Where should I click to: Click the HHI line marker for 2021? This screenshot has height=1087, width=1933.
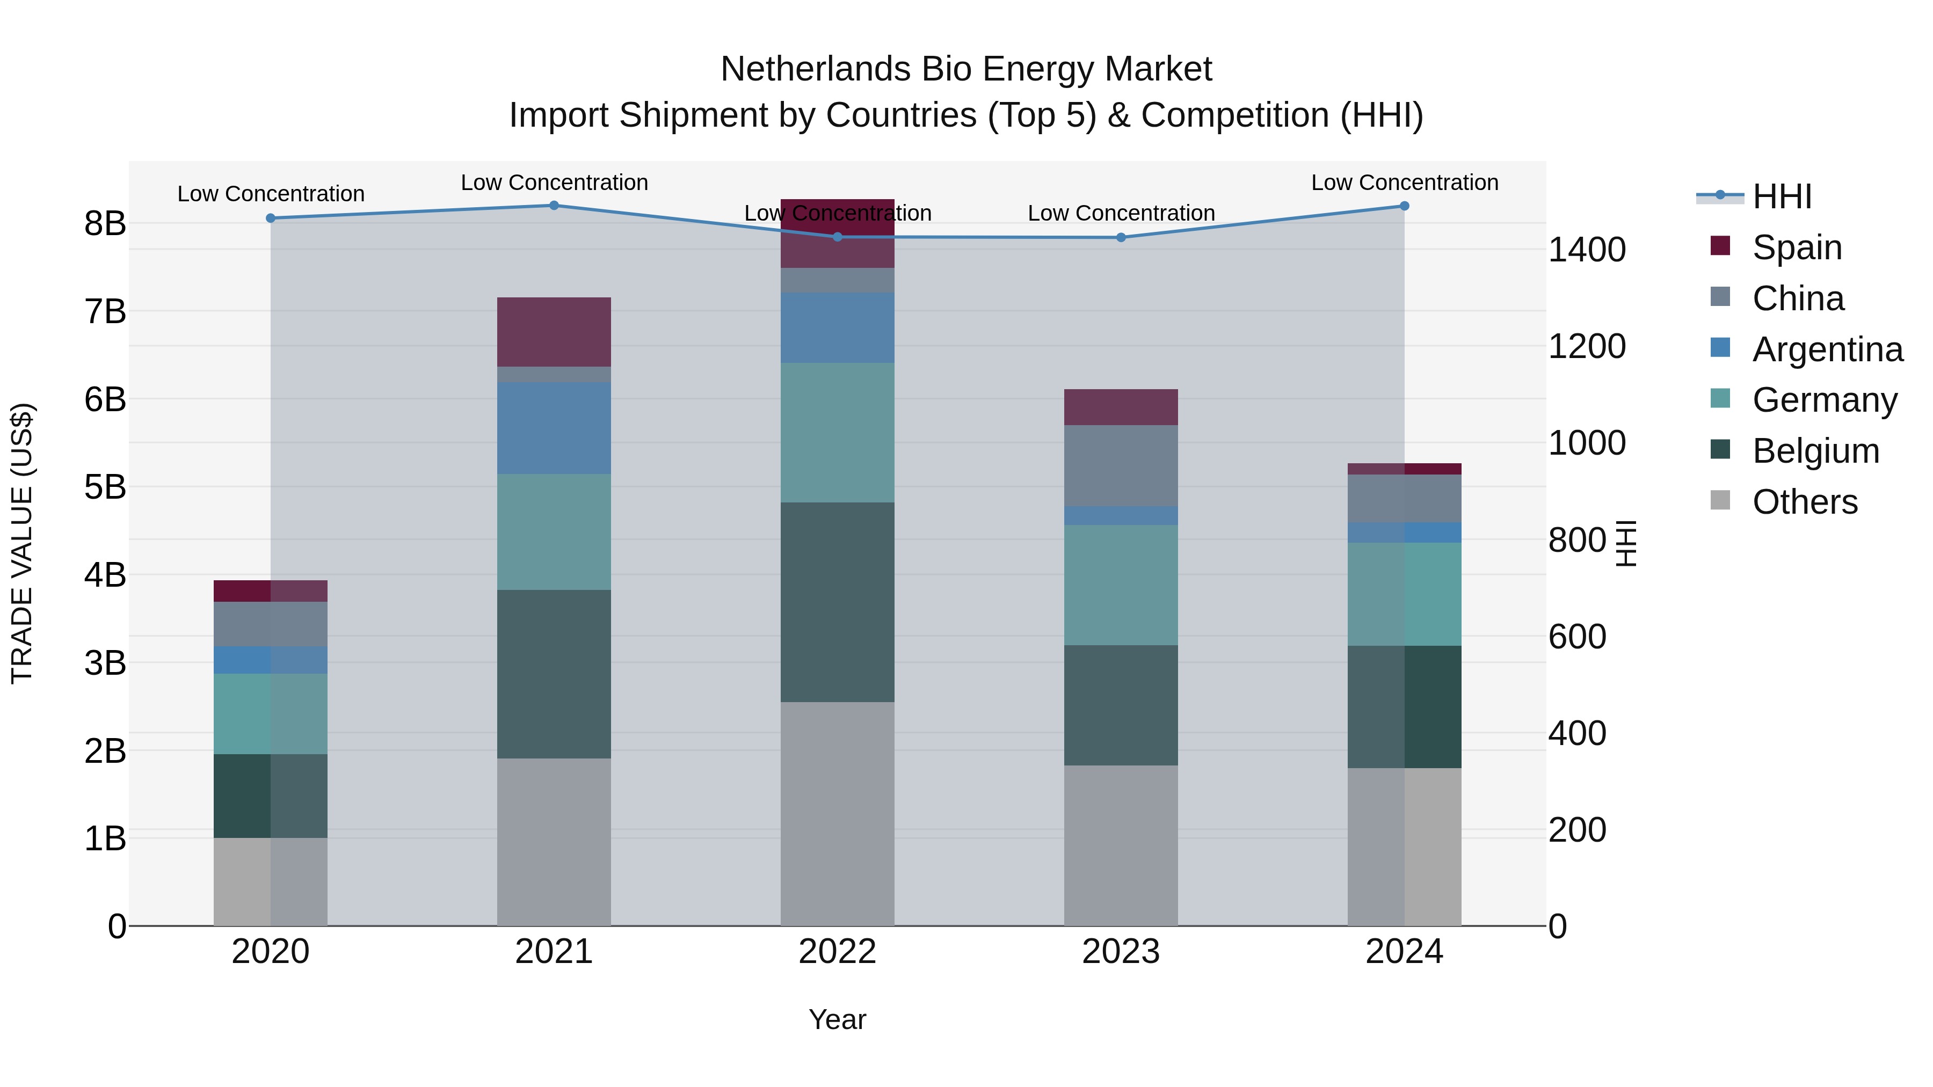click(554, 206)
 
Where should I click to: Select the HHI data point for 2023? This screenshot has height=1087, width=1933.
click(1121, 238)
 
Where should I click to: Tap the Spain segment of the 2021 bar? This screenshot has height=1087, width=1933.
click(554, 332)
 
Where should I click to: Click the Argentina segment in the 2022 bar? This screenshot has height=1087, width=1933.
click(838, 328)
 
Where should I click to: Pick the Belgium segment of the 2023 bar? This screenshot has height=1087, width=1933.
click(1121, 705)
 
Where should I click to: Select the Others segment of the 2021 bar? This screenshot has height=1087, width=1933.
click(554, 842)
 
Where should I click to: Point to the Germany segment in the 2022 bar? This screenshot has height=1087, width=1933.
click(838, 433)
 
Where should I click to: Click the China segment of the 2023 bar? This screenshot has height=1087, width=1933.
click(1121, 466)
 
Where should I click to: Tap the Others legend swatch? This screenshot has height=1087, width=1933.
click(1720, 500)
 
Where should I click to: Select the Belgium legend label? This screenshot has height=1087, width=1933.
click(1816, 451)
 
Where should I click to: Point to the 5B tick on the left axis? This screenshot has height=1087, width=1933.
click(105, 487)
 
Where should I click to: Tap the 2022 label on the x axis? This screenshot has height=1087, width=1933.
click(838, 952)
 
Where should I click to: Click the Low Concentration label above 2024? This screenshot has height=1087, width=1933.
click(1405, 183)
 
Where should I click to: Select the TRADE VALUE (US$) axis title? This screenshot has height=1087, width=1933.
click(23, 543)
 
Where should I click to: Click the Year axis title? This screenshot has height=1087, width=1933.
click(838, 1019)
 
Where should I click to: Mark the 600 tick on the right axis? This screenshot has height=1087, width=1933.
click(1578, 636)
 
